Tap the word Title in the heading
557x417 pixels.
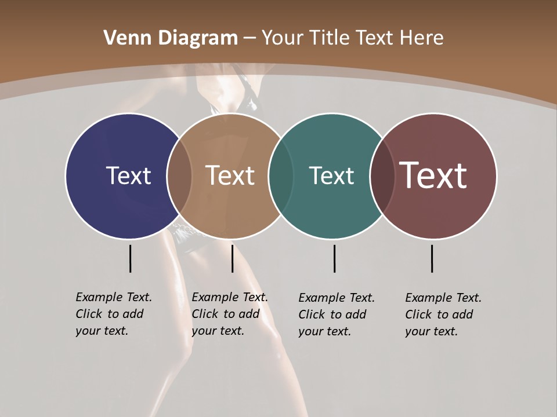329,38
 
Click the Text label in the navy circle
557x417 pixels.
128,175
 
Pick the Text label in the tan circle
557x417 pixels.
230,175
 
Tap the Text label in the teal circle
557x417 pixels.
331,175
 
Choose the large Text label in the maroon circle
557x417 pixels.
433,175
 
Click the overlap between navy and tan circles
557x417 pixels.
179,176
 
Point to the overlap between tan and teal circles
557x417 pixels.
281,176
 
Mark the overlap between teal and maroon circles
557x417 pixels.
382,176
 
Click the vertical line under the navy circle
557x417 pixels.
130,258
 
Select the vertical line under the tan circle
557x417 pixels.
232,258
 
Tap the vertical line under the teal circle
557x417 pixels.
334,258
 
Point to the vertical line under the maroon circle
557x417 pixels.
432,258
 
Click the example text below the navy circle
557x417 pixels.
113,314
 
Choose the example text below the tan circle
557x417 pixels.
229,314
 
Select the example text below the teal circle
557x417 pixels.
336,314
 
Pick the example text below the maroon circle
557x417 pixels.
443,314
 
